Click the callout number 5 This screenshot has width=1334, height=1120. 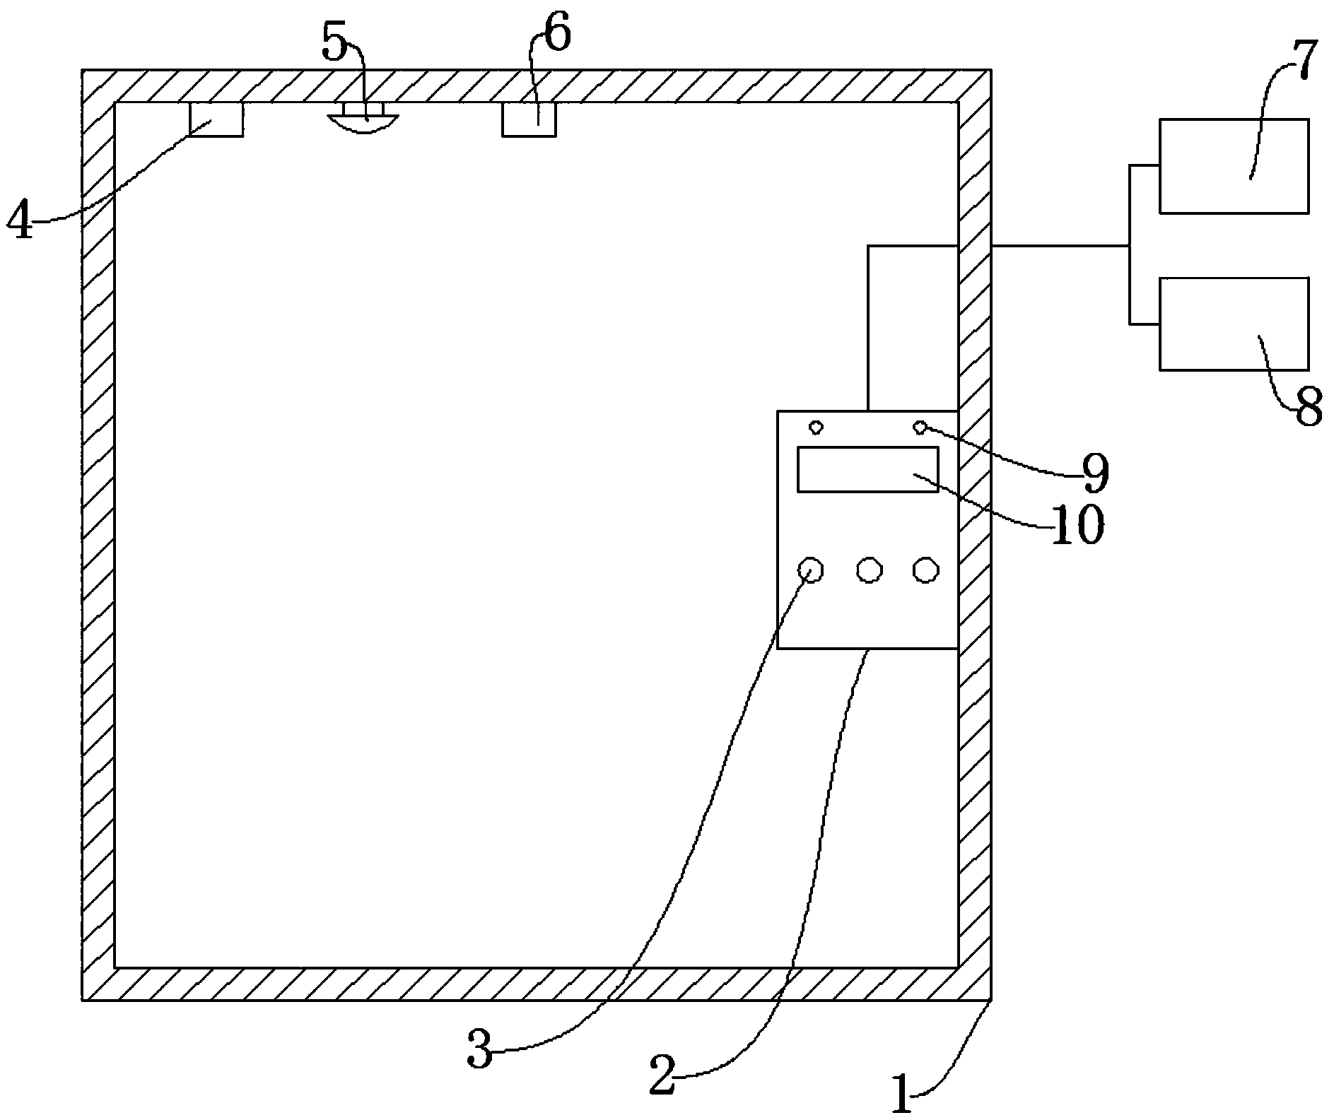click(334, 44)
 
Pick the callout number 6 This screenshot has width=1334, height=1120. click(556, 35)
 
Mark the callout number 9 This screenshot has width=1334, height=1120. click(1093, 474)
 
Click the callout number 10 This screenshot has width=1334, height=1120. click(1077, 526)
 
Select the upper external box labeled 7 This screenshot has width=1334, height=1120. click(1233, 166)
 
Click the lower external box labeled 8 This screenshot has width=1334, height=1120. click(1233, 324)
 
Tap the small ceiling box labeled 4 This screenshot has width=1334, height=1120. click(216, 119)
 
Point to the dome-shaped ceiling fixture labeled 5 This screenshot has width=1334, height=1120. click(363, 119)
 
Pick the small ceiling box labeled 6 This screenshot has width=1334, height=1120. click(529, 119)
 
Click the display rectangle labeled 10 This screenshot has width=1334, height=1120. click(867, 469)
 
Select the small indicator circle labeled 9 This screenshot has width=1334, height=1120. click(920, 427)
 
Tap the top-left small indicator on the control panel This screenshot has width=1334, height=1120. click(816, 428)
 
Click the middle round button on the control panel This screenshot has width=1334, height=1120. click(870, 570)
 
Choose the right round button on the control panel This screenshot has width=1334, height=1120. click(925, 570)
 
